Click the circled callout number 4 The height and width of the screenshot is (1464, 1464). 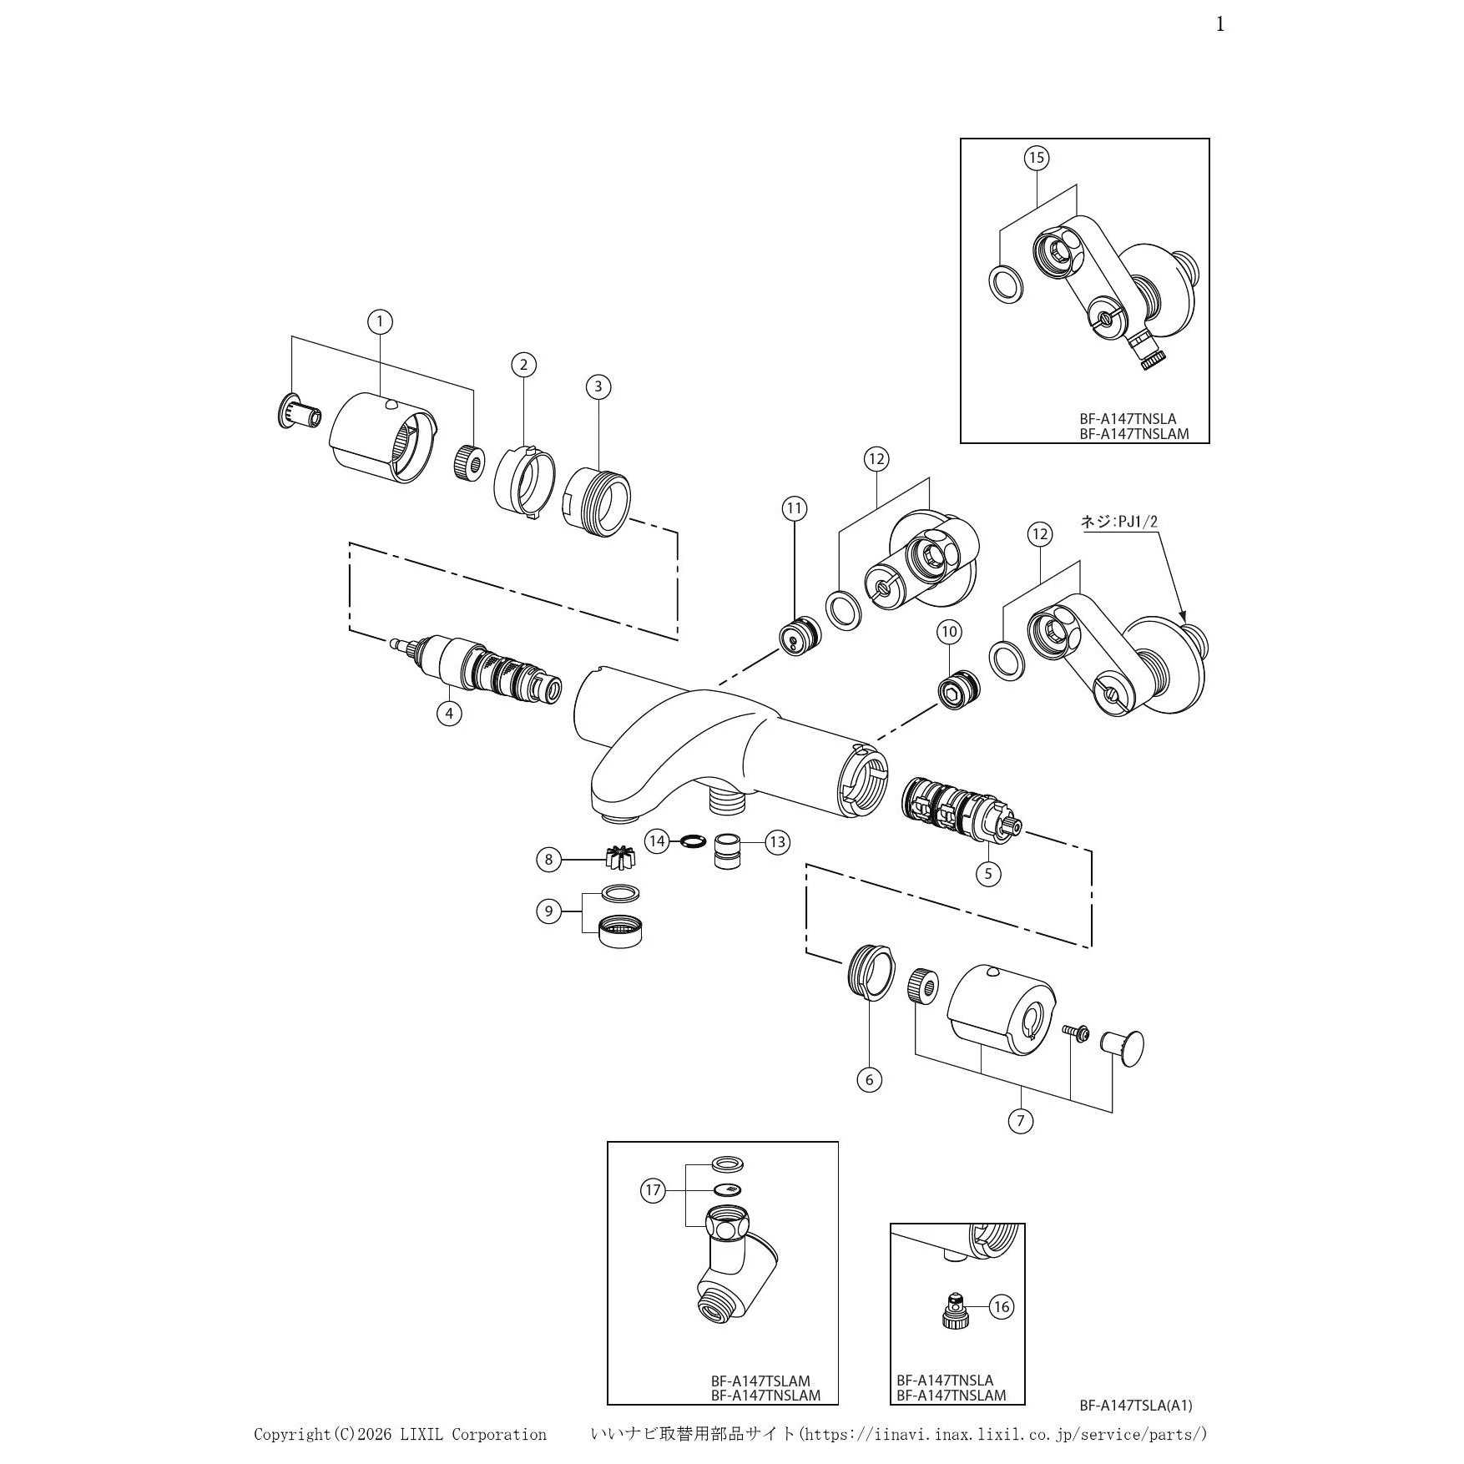pyautogui.click(x=449, y=714)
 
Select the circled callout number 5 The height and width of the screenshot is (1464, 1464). pyautogui.click(x=988, y=874)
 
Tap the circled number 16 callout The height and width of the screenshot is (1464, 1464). pyautogui.click(x=1002, y=1306)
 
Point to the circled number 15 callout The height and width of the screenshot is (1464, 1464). pyautogui.click(x=1037, y=158)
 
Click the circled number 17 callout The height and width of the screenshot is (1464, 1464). pyautogui.click(x=653, y=1190)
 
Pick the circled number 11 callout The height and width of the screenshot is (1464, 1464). pyautogui.click(x=794, y=508)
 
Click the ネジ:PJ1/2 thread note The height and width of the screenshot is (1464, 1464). pyautogui.click(x=1119, y=522)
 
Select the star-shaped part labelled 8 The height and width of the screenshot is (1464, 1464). pyautogui.click(x=620, y=857)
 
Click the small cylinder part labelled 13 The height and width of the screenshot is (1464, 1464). pyautogui.click(x=729, y=851)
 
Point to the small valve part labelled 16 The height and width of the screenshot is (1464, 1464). pyautogui.click(x=953, y=1313)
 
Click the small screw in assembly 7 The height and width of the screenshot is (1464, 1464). pyautogui.click(x=1075, y=1032)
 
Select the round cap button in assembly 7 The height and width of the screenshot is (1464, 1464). pyautogui.click(x=1123, y=1048)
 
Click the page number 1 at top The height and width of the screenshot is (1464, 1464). pyautogui.click(x=1220, y=25)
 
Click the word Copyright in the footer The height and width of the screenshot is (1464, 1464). pyautogui.click(x=292, y=1435)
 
